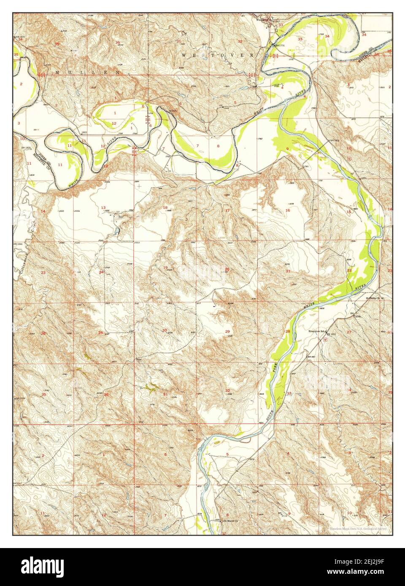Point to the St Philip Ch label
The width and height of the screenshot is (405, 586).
373,298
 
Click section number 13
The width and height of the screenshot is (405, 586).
103,207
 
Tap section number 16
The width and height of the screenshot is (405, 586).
288,210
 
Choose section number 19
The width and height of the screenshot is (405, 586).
165,268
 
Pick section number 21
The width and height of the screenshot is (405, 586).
288,271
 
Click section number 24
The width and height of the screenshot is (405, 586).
101,272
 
